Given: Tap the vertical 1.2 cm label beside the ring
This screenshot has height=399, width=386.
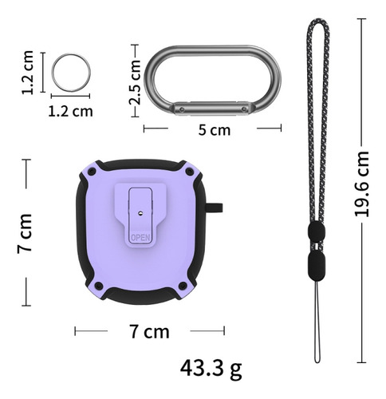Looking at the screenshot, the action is (x=28, y=73).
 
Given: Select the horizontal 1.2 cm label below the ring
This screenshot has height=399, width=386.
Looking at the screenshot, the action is (x=71, y=111).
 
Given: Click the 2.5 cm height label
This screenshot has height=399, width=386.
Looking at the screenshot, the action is (x=135, y=82).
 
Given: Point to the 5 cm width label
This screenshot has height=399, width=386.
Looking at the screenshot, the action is (x=215, y=130).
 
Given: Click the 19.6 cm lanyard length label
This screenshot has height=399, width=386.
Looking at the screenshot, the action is (x=362, y=184).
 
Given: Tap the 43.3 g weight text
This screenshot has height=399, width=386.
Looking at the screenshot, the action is (x=211, y=369).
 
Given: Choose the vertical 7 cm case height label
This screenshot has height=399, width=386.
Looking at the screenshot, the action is (x=25, y=233).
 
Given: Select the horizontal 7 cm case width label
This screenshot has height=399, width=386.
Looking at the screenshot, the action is (x=149, y=331).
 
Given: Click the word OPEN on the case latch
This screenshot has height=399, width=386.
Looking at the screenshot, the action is (x=140, y=238).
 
